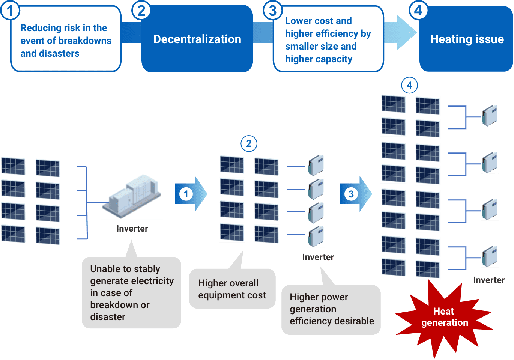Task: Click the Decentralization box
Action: point(197,39)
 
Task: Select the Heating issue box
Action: point(466,39)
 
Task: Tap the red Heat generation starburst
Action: point(444,317)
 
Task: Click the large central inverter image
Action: point(132,196)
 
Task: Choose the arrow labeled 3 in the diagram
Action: point(355,194)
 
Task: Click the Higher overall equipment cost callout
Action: point(232,289)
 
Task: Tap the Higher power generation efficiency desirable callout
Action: point(331,309)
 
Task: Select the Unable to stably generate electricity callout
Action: point(131,292)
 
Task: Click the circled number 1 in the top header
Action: point(10,11)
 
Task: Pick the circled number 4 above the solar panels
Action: point(409,85)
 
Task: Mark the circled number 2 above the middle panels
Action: point(249,143)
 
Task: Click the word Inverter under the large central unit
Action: point(132,229)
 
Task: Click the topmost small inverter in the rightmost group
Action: point(490,116)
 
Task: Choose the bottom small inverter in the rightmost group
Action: point(490,257)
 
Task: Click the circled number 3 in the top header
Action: point(273,11)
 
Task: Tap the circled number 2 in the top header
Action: point(141,11)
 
